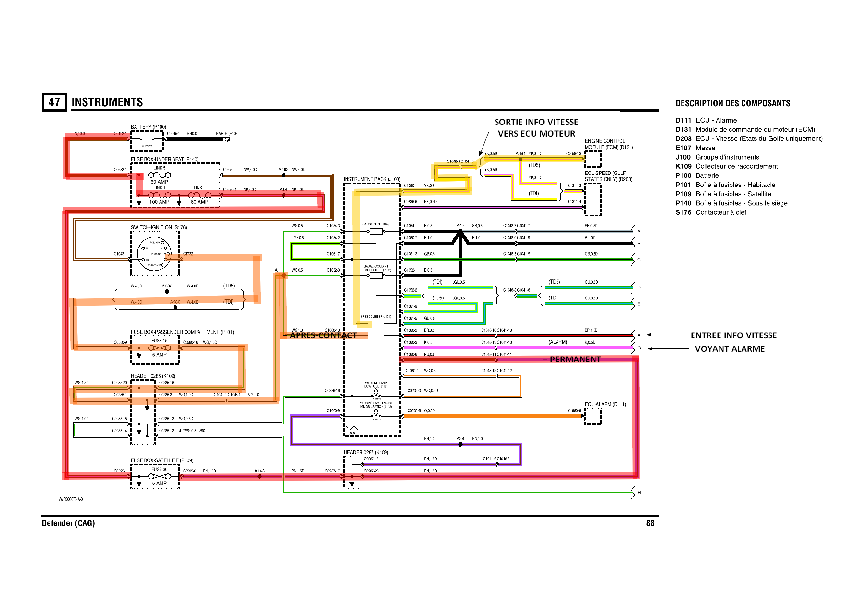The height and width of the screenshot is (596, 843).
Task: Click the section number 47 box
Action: point(54,102)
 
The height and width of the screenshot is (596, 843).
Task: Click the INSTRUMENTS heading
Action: point(107,102)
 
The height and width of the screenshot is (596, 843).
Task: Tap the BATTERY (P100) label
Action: point(148,127)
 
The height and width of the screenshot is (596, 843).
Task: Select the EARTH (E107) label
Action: point(227,134)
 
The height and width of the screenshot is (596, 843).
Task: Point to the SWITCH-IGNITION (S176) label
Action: point(159,227)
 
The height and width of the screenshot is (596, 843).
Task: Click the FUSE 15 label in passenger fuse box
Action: point(160,341)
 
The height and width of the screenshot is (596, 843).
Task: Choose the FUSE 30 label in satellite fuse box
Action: point(160,469)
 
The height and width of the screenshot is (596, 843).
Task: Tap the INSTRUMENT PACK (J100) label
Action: point(372,179)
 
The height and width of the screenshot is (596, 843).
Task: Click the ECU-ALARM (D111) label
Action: point(605,404)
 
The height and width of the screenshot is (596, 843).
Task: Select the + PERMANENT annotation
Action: point(572,360)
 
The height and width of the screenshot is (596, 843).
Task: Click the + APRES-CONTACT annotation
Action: point(320,335)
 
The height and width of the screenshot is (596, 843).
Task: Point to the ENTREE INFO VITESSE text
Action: point(733,335)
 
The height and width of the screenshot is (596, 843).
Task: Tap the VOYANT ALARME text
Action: point(730,349)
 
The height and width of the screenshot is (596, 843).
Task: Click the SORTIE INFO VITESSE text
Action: point(536,122)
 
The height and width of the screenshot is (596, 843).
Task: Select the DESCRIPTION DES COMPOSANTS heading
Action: point(733,103)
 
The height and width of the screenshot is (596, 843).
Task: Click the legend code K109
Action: point(683,166)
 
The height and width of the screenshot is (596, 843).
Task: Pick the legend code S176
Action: point(683,212)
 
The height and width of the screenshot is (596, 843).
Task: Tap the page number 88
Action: point(650,523)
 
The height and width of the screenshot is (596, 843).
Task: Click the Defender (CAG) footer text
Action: point(68,523)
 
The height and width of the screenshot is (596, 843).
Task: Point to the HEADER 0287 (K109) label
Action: point(365,452)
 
